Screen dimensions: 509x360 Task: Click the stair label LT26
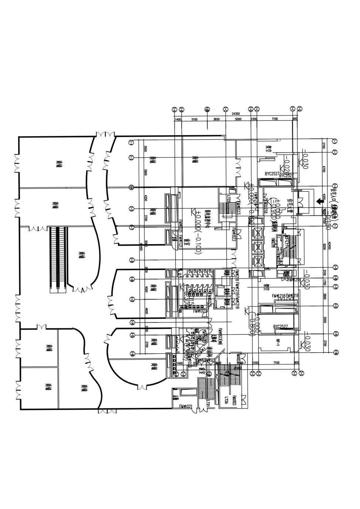(226, 399)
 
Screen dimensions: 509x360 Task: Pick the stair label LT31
(208, 403)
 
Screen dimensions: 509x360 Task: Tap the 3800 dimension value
(324, 296)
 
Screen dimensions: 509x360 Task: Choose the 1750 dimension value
(324, 282)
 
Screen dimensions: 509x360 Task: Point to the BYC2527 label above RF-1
(280, 327)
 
